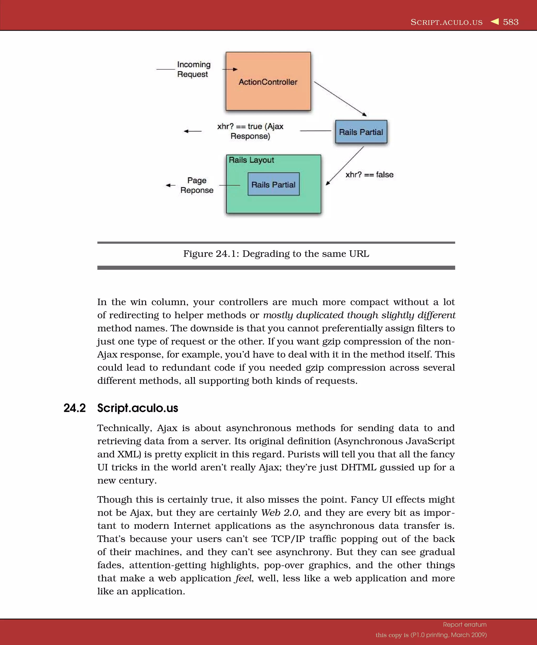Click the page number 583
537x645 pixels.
[511, 22]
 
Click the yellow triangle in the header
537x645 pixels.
[495, 22]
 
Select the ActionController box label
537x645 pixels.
[268, 82]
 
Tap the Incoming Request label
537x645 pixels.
[194, 70]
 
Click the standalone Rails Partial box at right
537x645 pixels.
[361, 132]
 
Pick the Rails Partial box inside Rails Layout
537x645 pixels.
[273, 184]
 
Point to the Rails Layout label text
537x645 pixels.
[251, 160]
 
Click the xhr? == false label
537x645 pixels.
[369, 175]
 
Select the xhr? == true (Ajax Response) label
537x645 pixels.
[250, 131]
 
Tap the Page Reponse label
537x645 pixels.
[197, 185]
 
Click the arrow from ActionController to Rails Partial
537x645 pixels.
[340, 99]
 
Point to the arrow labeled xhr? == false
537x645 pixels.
[345, 166]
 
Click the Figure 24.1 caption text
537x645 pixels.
[276, 254]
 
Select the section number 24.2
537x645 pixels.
[74, 408]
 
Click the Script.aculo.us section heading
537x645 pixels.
[137, 408]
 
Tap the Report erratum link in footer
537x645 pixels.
[464, 625]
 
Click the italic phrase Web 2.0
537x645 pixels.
[280, 513]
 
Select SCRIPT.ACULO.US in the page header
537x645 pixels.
[446, 22]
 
